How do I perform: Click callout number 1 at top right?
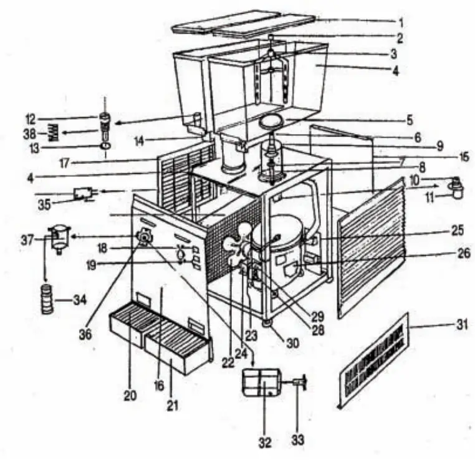tap(401, 20)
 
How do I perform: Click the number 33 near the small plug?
tap(297, 439)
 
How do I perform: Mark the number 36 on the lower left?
tap(85, 334)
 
